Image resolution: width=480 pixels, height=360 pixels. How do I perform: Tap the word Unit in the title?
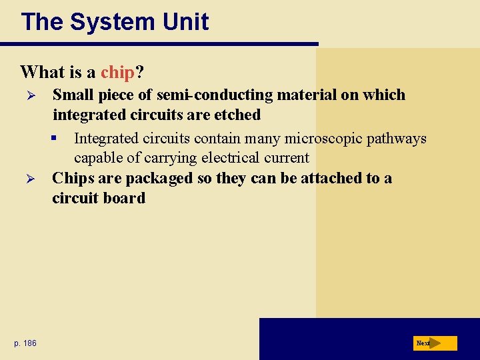[187, 22]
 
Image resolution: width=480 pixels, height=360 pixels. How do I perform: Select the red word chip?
[118, 71]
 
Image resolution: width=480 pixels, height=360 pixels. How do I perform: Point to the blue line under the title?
[159, 44]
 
